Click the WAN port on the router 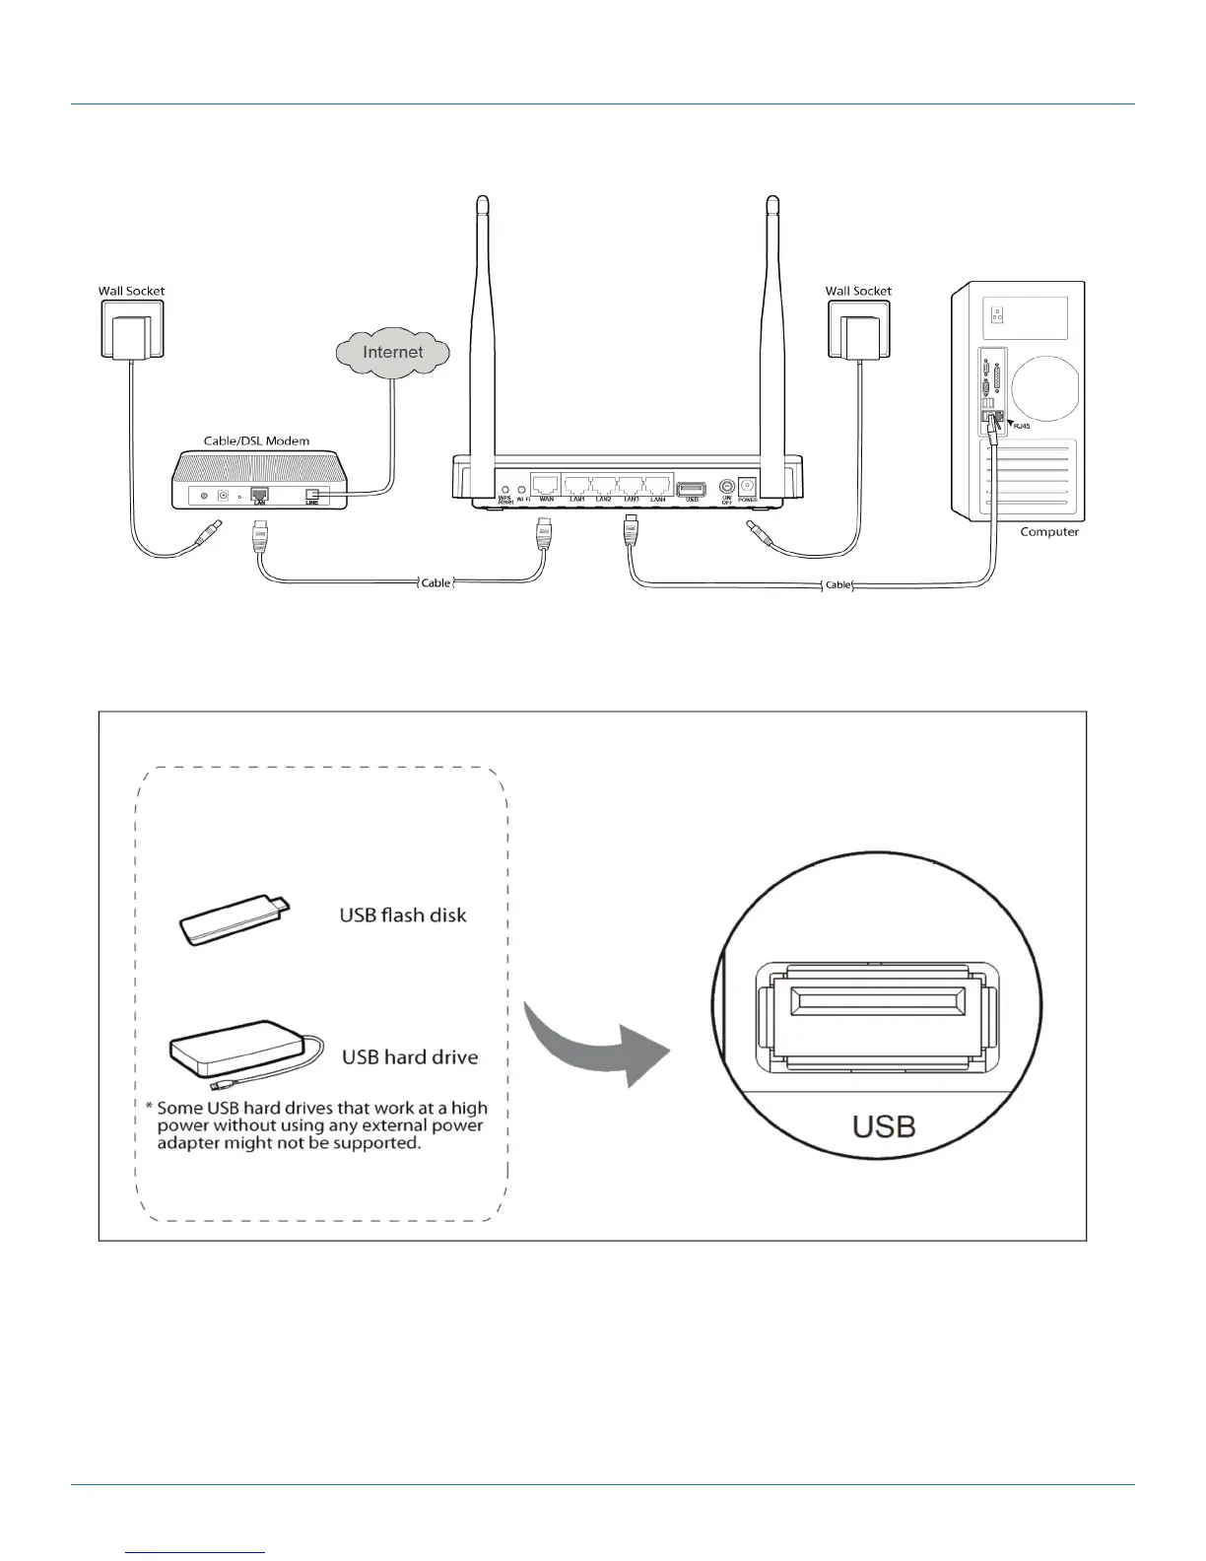click(545, 484)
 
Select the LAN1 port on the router click(578, 484)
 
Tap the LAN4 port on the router click(658, 484)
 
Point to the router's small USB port click(692, 488)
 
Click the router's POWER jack click(748, 486)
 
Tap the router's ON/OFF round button click(727, 486)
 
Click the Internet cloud click(392, 353)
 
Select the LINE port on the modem click(312, 495)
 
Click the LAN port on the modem click(259, 494)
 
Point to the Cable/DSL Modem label click(256, 441)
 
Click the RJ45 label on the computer click(1022, 427)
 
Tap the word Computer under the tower click(1049, 532)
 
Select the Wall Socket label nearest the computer click(858, 291)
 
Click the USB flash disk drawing click(234, 917)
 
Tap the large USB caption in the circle click(883, 1125)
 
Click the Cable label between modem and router click(435, 582)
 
